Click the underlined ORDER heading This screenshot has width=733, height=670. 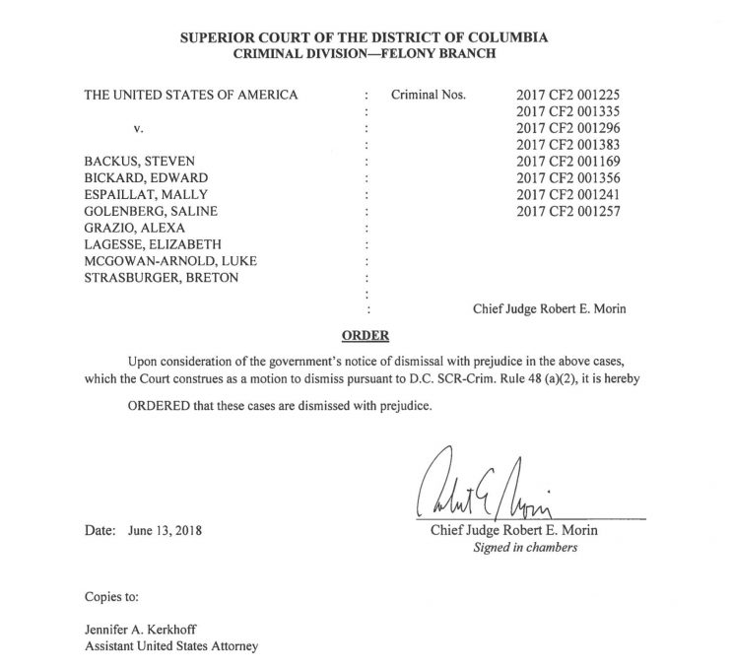point(366,335)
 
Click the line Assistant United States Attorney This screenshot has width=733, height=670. point(173,647)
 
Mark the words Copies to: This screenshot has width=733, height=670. point(111,597)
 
